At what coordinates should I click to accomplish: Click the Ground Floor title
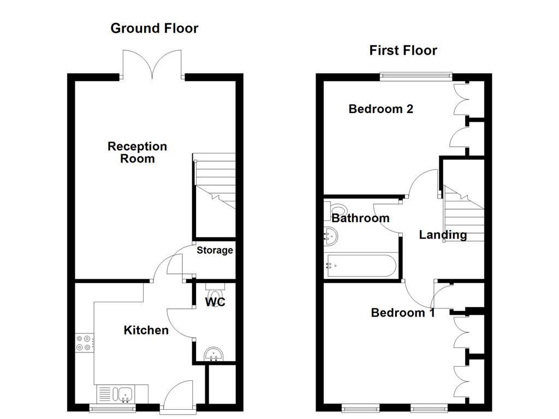tap(154, 28)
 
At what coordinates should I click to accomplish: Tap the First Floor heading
tap(403, 50)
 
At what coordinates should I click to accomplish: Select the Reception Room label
tap(137, 152)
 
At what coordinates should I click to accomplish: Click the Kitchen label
tap(146, 330)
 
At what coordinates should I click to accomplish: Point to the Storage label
tap(215, 250)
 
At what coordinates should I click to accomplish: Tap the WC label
tap(215, 302)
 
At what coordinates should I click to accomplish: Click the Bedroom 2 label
tap(380, 109)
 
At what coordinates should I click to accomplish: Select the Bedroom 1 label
tap(403, 313)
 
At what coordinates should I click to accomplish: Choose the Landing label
tap(443, 235)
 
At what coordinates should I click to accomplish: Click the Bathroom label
tap(360, 218)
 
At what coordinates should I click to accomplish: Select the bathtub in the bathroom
tap(360, 266)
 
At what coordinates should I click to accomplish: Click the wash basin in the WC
tap(213, 355)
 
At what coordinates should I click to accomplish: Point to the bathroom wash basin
tap(331, 236)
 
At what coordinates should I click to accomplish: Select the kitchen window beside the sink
tap(112, 408)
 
